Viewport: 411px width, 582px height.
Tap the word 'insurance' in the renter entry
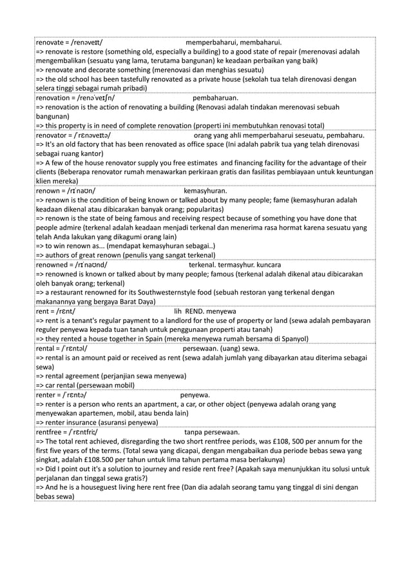coord(90,422)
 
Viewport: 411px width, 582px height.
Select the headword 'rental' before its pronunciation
coord(47,348)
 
